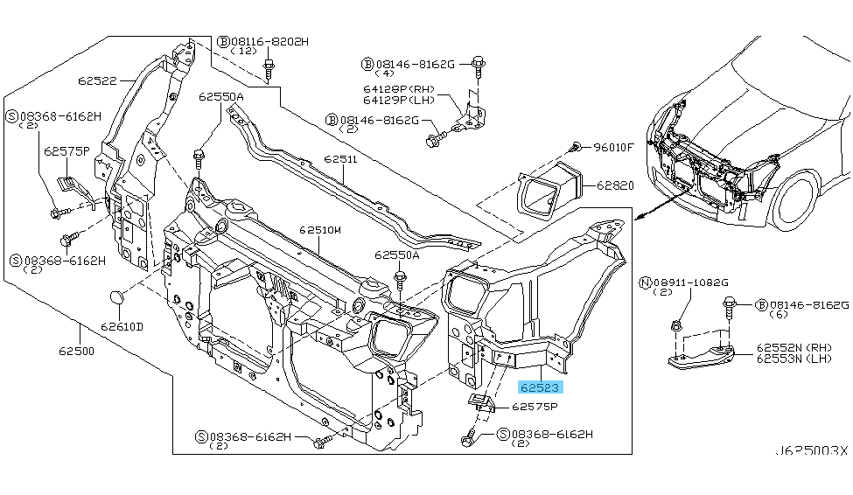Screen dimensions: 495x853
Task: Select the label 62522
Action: (96, 80)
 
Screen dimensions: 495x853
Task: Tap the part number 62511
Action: (339, 160)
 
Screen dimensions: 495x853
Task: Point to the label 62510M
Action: (319, 231)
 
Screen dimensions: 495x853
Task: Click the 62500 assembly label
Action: (77, 351)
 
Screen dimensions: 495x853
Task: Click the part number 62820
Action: (615, 185)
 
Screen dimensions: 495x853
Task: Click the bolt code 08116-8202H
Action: (269, 41)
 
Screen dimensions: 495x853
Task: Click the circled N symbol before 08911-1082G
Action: (646, 282)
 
